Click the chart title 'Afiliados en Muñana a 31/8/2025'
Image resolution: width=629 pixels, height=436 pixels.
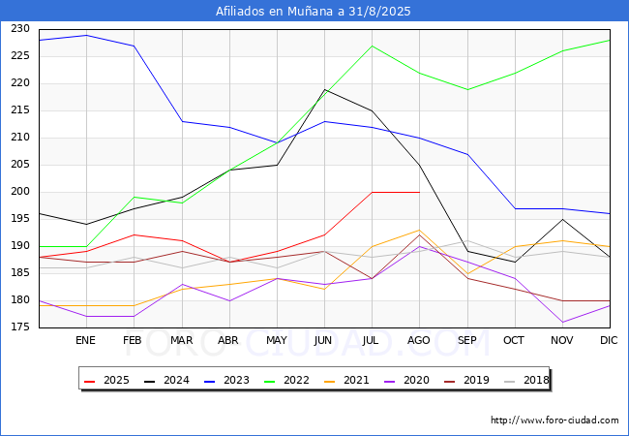(313, 11)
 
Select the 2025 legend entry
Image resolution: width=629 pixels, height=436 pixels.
(106, 380)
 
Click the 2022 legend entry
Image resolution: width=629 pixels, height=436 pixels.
(286, 380)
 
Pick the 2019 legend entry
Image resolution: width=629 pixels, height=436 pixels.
(466, 380)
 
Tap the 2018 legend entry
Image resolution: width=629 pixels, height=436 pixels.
(526, 380)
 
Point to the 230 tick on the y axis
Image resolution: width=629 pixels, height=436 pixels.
(20, 28)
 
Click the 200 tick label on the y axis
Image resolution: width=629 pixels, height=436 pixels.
(20, 192)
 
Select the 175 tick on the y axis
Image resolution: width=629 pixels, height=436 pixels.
(20, 327)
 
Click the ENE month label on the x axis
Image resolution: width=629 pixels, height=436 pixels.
(85, 340)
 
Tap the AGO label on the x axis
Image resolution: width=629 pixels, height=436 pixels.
(419, 340)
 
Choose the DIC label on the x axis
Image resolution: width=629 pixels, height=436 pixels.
(609, 340)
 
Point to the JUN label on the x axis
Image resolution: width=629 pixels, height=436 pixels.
(323, 340)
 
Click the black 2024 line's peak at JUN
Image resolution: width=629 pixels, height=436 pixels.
(324, 89)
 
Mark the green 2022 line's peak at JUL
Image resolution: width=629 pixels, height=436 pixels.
(373, 47)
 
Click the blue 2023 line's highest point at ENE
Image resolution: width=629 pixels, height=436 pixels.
(87, 35)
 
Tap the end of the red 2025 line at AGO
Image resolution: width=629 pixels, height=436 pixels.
(420, 192)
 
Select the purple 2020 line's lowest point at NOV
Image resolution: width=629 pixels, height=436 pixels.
(563, 322)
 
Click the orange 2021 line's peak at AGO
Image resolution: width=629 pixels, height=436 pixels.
(420, 230)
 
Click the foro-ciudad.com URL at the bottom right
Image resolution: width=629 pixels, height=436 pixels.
(554, 420)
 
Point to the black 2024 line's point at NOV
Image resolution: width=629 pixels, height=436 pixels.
(563, 220)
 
